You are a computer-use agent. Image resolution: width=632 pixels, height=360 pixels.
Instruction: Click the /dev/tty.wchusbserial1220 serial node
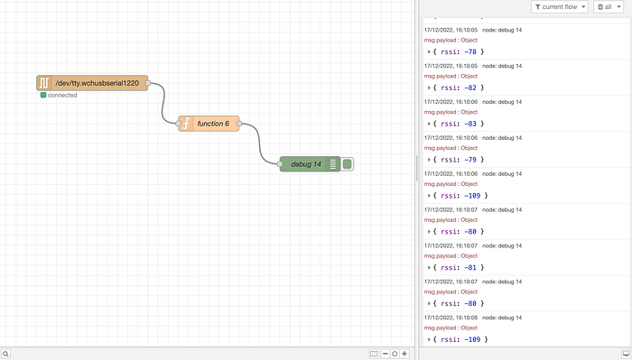(x=92, y=83)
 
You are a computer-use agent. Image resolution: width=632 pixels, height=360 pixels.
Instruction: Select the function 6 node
(x=209, y=124)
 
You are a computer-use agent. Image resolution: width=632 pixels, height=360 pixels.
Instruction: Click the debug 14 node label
(x=306, y=164)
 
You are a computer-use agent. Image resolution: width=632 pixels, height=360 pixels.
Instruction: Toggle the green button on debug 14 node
(x=347, y=164)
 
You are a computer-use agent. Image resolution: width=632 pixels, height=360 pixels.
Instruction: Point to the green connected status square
(x=43, y=95)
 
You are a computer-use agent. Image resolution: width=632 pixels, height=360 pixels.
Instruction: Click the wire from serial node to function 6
(x=163, y=103)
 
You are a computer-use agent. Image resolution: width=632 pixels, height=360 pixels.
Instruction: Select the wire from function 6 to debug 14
(x=260, y=143)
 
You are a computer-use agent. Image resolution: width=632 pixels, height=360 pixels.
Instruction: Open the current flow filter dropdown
(x=560, y=7)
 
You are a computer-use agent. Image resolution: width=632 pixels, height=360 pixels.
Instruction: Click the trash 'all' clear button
(x=609, y=7)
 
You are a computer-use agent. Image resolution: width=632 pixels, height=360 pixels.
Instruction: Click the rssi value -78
(x=470, y=51)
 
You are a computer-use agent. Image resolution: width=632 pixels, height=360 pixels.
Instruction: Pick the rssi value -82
(x=470, y=88)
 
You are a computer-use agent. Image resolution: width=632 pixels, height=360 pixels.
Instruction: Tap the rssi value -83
(x=470, y=124)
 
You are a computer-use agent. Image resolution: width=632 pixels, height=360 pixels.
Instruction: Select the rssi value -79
(x=470, y=160)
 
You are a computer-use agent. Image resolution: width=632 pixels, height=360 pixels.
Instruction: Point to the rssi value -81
(x=470, y=267)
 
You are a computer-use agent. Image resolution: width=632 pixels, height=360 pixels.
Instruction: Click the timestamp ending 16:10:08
(x=451, y=318)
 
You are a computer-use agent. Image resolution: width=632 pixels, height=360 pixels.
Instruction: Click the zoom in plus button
(x=404, y=354)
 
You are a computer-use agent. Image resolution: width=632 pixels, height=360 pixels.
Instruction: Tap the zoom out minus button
(x=386, y=354)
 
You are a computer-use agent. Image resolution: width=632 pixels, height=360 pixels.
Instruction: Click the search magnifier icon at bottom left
(x=5, y=354)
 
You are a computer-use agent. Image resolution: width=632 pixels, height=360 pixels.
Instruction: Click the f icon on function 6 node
(x=186, y=124)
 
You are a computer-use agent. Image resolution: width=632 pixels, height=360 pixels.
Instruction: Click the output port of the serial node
(x=148, y=83)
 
